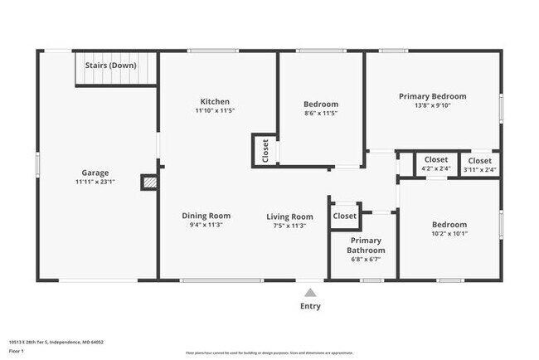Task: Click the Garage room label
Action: point(95,173)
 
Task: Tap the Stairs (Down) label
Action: point(111,65)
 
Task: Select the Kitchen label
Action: point(215,101)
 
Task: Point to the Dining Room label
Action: point(206,216)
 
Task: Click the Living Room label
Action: point(289,216)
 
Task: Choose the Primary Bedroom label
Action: point(432,96)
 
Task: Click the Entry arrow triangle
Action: point(310,292)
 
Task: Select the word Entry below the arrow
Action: point(310,306)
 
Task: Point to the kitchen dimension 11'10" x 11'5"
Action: point(215,110)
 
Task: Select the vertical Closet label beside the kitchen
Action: point(265,150)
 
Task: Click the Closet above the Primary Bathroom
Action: point(344,216)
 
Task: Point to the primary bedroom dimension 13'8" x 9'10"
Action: point(432,105)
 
